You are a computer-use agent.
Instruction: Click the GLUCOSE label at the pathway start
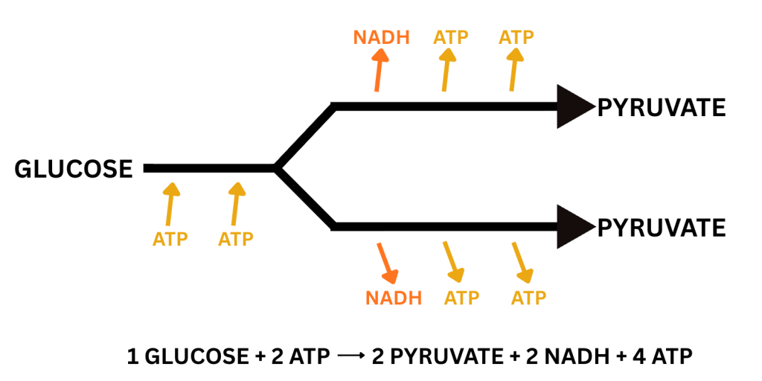pos(74,169)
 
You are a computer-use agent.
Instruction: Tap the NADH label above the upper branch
pos(382,36)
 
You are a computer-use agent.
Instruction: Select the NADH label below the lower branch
pos(394,298)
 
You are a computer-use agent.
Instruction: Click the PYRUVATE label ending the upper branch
pos(661,109)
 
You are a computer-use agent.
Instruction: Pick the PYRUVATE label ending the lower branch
pos(661,227)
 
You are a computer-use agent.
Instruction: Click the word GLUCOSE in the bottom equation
pos(190,356)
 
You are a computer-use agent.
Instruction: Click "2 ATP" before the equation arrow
pos(298,356)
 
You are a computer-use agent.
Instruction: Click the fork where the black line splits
pos(278,168)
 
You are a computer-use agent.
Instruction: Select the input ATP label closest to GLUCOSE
pos(170,240)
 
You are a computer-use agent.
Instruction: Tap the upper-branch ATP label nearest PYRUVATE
pos(517,36)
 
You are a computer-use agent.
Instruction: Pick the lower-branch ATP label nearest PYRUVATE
pos(529,298)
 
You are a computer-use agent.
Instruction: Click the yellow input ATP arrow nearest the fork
pos(237,203)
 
